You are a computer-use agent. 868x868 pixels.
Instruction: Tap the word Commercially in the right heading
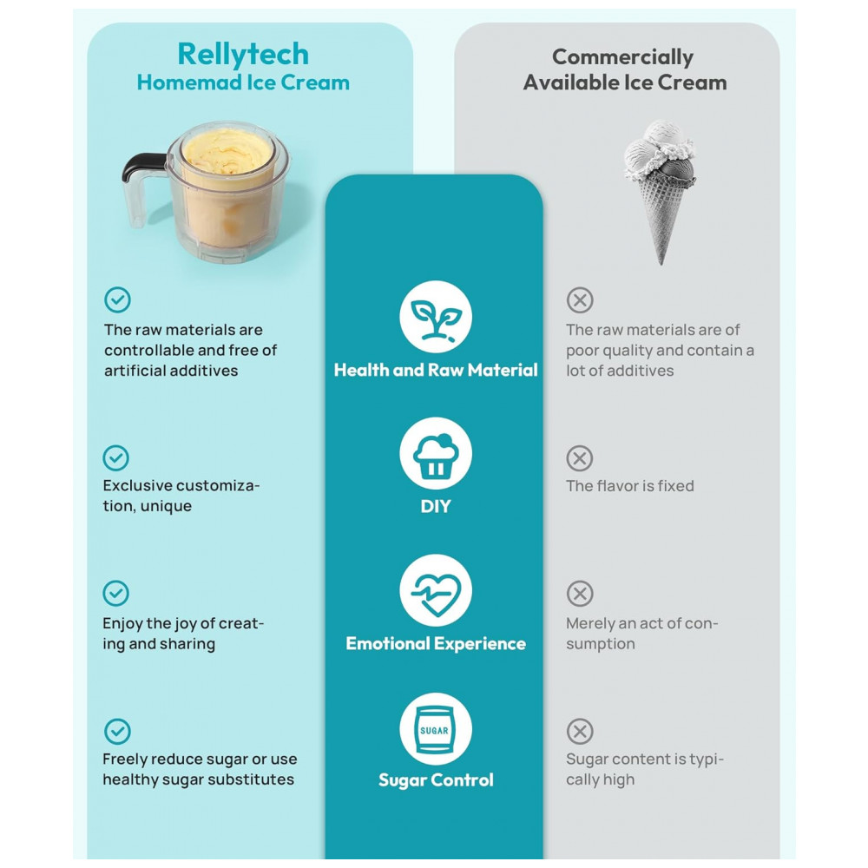[x=622, y=57]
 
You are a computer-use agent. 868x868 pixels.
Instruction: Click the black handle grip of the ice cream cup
[x=143, y=166]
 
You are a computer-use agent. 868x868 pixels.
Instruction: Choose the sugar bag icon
[x=436, y=729]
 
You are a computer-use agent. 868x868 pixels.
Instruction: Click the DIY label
[x=436, y=506]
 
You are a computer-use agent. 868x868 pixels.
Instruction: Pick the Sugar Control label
[x=436, y=780]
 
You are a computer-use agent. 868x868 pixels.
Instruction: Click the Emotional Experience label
[x=436, y=643]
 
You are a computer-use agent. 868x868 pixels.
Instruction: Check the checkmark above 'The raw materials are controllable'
[x=117, y=300]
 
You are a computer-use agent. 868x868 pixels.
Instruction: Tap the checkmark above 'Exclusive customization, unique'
[x=115, y=458]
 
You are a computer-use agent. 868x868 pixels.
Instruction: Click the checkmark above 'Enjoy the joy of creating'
[x=115, y=594]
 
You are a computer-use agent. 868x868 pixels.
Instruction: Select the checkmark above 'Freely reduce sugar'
[x=117, y=732]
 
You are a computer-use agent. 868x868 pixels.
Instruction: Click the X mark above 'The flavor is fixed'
[x=580, y=458]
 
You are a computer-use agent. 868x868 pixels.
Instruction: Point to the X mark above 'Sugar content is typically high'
[x=580, y=732]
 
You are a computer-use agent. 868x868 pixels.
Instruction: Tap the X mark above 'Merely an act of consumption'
[x=580, y=594]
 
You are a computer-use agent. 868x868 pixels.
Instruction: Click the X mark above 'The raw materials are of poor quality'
[x=580, y=300]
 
